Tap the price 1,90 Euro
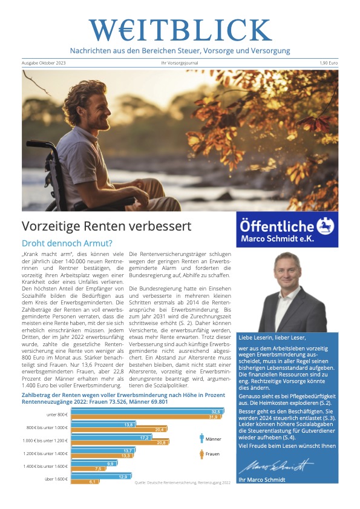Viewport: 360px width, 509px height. [x=329, y=62]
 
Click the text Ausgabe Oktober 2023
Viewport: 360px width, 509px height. [x=42, y=62]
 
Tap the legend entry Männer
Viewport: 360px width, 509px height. [x=211, y=436]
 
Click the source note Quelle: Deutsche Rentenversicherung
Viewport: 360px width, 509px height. [x=182, y=482]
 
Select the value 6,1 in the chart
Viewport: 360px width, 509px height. [x=93, y=482]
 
